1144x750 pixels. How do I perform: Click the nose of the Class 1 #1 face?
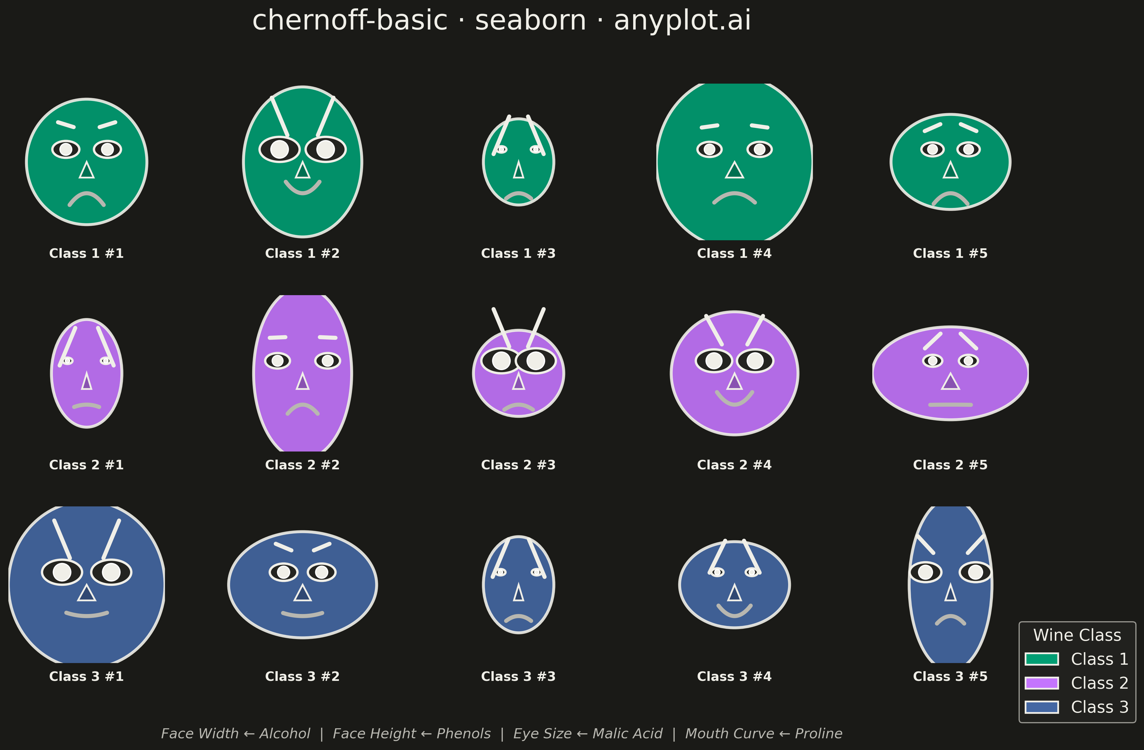[x=86, y=170]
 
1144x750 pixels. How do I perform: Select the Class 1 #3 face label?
[x=518, y=253]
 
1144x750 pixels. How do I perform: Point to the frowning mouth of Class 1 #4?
[x=734, y=195]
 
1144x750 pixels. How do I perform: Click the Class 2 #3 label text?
[x=518, y=465]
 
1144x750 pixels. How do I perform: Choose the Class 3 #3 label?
[x=518, y=676]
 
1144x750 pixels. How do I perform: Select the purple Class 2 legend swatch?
[x=1042, y=683]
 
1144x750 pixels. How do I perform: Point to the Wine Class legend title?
[x=1077, y=635]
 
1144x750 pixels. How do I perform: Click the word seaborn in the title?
[x=531, y=21]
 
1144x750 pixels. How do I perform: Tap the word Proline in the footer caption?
[x=818, y=734]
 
